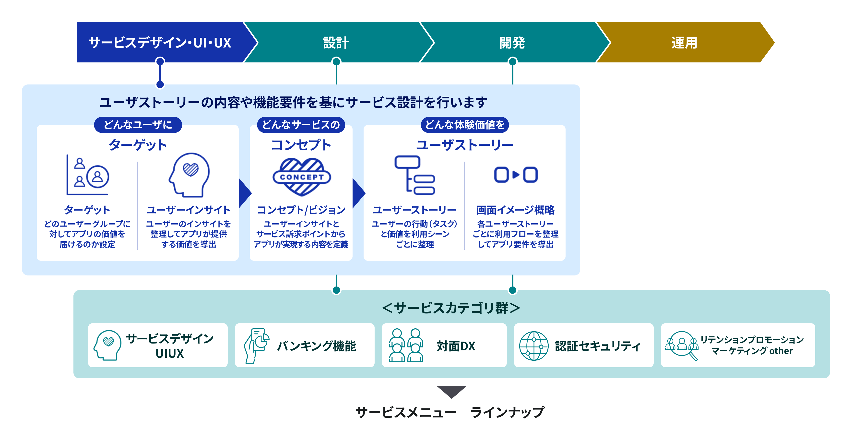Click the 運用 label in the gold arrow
(x=684, y=43)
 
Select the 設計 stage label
(x=336, y=43)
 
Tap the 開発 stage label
(x=512, y=43)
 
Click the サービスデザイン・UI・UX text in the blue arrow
(x=160, y=43)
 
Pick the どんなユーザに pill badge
(x=138, y=125)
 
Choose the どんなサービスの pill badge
(x=301, y=125)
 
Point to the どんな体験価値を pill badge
(x=465, y=125)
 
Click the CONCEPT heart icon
(x=302, y=177)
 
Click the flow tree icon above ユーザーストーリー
(x=415, y=175)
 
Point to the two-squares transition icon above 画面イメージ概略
(x=516, y=175)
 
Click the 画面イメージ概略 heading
(x=515, y=210)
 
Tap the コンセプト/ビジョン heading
(x=301, y=210)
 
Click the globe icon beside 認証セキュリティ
(x=534, y=346)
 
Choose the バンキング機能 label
(x=317, y=346)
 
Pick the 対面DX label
(x=456, y=346)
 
